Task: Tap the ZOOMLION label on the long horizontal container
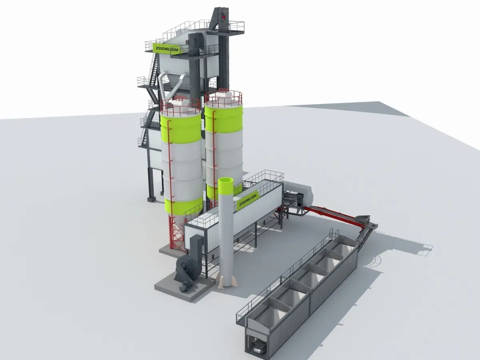[x=248, y=200]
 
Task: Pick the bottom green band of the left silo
[x=184, y=206]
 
